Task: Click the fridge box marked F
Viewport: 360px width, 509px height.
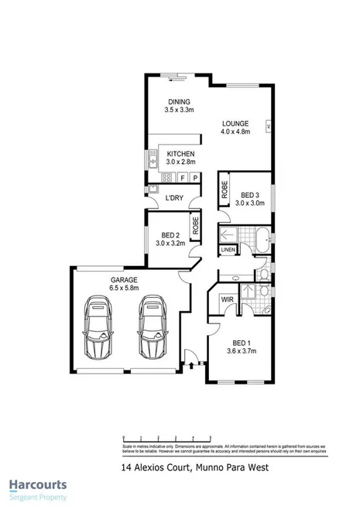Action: coord(183,178)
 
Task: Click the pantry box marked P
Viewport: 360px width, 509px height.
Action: coord(196,178)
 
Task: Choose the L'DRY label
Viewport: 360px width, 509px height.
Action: coord(174,199)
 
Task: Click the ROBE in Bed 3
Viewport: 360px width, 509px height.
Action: coord(224,191)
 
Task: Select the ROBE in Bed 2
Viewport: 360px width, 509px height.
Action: coord(196,225)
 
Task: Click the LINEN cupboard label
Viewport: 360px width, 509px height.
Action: coord(228,250)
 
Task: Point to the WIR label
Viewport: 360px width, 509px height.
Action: coord(228,299)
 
